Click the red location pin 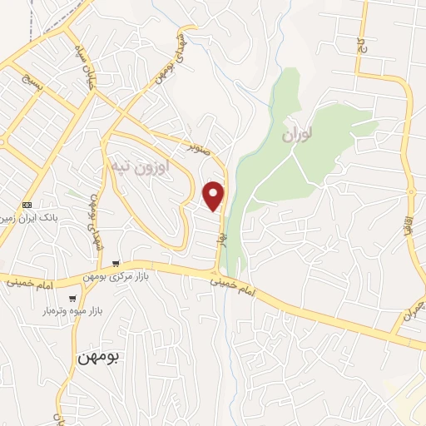214,195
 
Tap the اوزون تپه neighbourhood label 140,166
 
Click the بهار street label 221,237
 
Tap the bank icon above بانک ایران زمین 27,205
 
